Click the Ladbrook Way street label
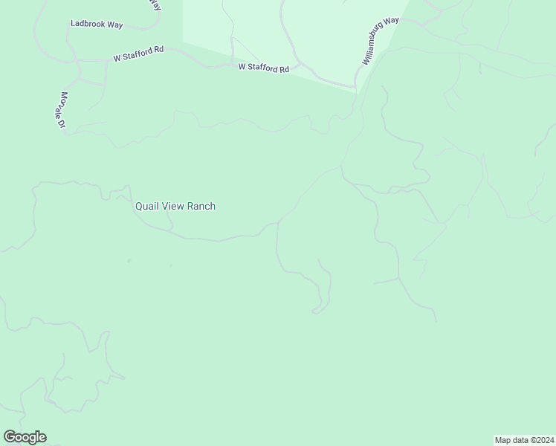(x=97, y=24)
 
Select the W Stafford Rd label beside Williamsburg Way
(x=264, y=68)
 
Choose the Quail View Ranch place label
(x=175, y=206)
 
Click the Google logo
(x=25, y=437)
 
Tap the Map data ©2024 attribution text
(x=525, y=439)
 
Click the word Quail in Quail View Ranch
(x=148, y=206)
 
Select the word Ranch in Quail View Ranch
(x=201, y=206)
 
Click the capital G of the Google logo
(x=10, y=437)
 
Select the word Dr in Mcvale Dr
(x=64, y=125)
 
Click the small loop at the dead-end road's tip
(x=317, y=310)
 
